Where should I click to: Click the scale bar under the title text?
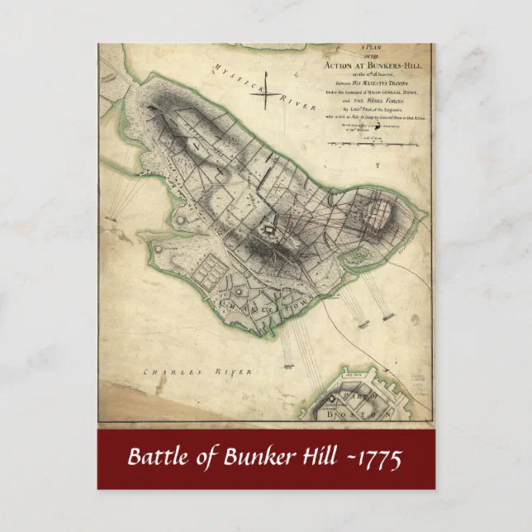click(374, 145)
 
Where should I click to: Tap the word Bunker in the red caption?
click(255, 457)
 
